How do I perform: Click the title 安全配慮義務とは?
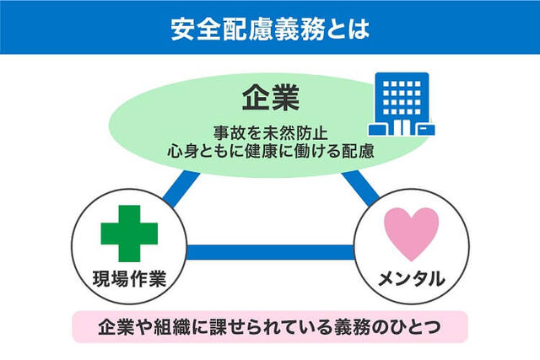click(270, 29)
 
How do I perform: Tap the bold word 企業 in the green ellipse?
click(271, 99)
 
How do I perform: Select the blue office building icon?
click(402, 104)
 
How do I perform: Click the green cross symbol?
click(129, 234)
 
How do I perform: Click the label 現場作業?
click(129, 278)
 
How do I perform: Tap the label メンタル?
click(412, 278)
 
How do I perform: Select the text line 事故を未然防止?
click(271, 133)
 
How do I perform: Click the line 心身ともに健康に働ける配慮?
click(271, 151)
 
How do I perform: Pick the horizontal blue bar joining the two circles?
click(270, 252)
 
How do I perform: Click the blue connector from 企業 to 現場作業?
click(181, 190)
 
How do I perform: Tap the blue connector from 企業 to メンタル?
click(360, 189)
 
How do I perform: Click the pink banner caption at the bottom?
click(270, 326)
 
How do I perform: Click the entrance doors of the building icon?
click(402, 127)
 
